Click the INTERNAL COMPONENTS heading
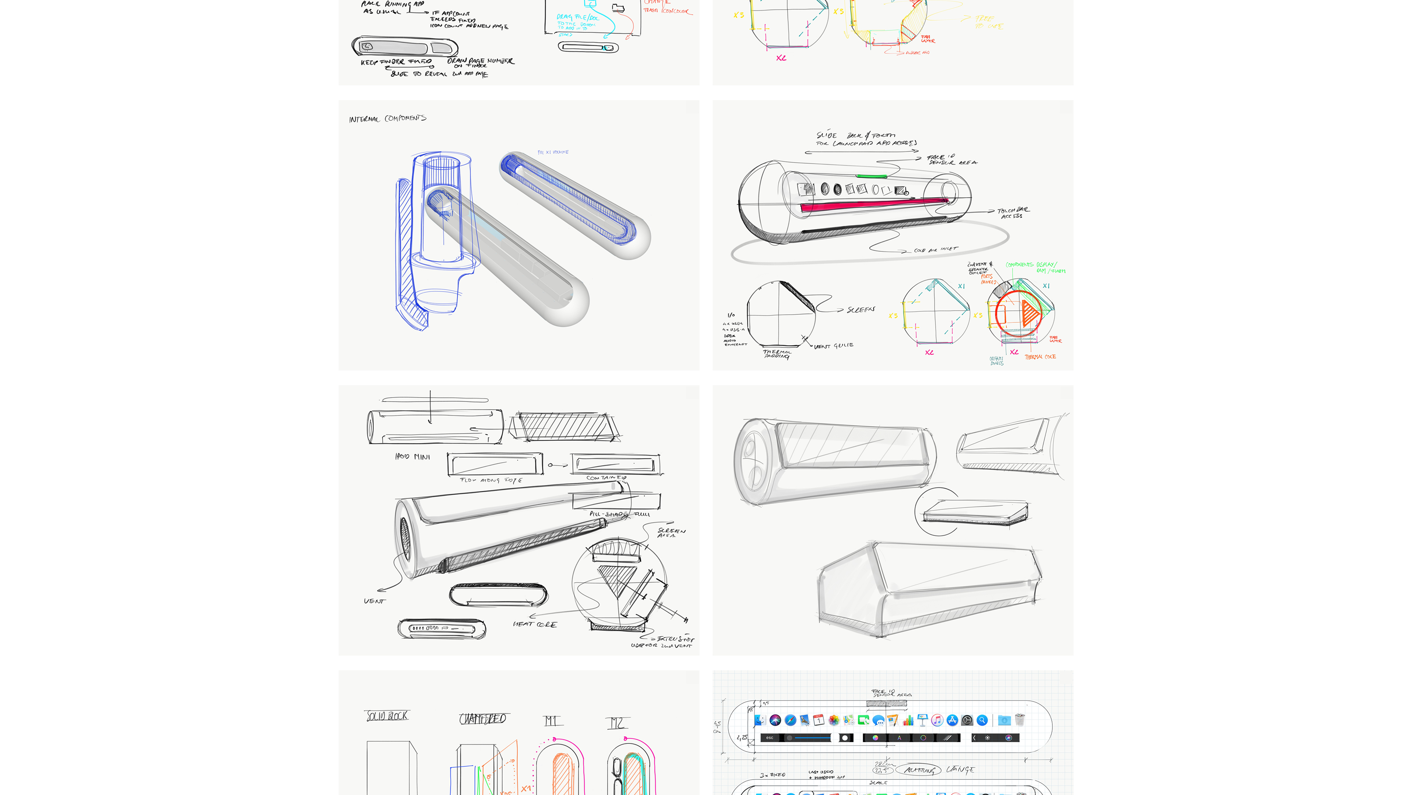coord(387,119)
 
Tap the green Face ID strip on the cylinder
coord(871,176)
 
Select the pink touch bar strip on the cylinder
coord(873,205)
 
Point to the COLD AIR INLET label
coord(935,250)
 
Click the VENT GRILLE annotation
coord(833,346)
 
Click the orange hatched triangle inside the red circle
coord(1030,313)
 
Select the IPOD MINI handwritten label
coord(412,456)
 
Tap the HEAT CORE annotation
coord(535,624)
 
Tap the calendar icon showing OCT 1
coord(819,720)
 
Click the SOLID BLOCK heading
coord(387,716)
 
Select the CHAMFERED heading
coord(482,719)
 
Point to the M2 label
coord(617,723)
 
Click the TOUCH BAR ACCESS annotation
coord(1013,213)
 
